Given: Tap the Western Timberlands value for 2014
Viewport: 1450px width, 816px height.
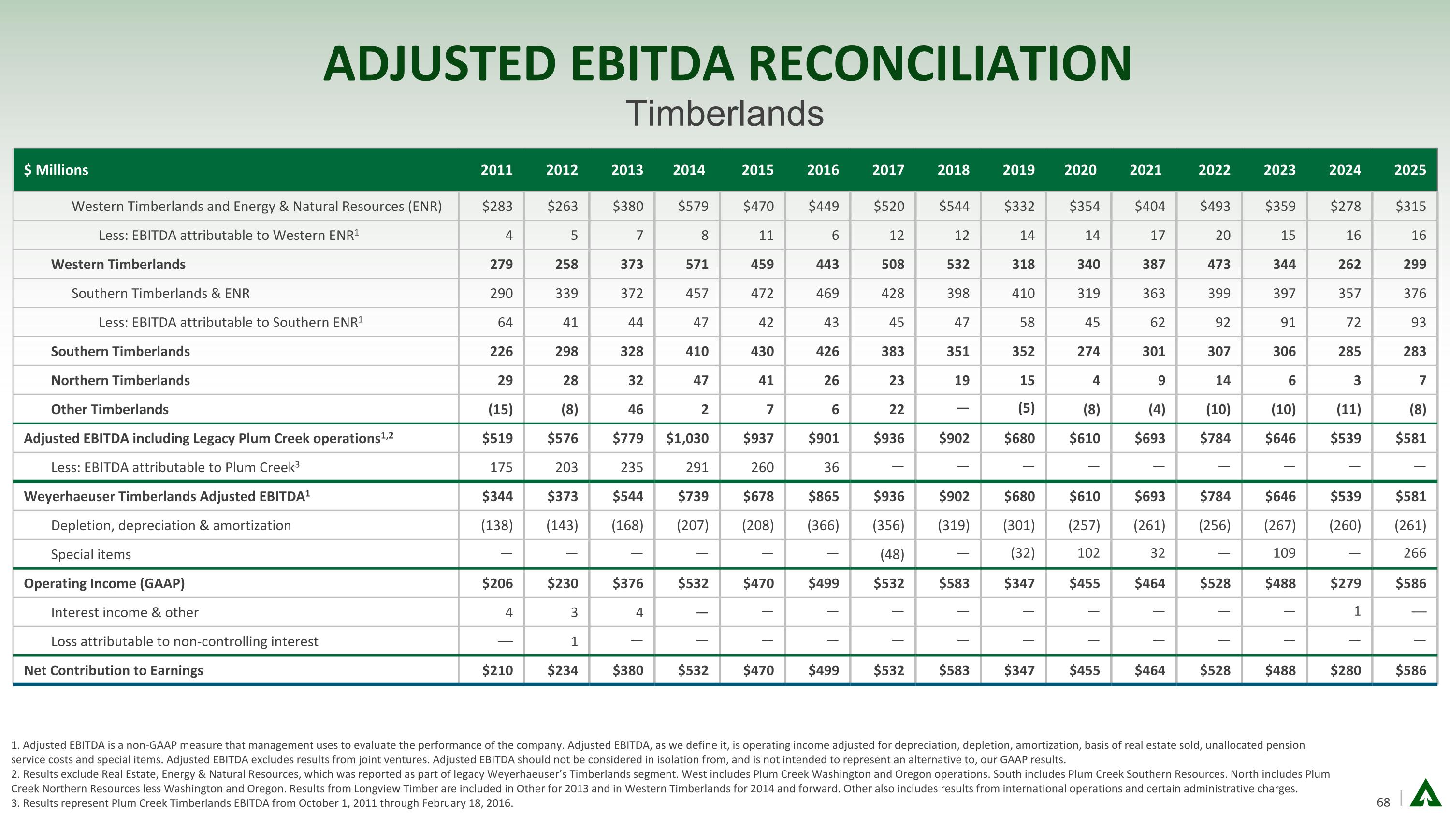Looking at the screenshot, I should (x=696, y=264).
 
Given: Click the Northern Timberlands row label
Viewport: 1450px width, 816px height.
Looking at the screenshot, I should (x=120, y=380).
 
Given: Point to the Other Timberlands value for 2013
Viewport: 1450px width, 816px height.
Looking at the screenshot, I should (x=635, y=409).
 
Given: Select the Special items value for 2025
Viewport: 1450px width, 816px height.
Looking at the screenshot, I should (x=1415, y=553).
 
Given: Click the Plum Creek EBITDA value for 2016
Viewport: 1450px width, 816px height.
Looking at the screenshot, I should (x=831, y=467).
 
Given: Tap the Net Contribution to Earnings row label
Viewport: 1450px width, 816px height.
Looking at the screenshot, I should (x=113, y=670).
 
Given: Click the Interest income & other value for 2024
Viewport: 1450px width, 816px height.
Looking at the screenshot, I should (x=1357, y=611).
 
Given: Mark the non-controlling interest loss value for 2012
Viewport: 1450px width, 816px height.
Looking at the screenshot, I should (x=574, y=641).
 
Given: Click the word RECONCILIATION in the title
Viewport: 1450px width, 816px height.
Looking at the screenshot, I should (x=940, y=64).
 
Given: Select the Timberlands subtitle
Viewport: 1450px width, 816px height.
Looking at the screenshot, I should (x=725, y=113).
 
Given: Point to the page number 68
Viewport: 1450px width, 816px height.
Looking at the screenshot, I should (x=1383, y=802).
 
